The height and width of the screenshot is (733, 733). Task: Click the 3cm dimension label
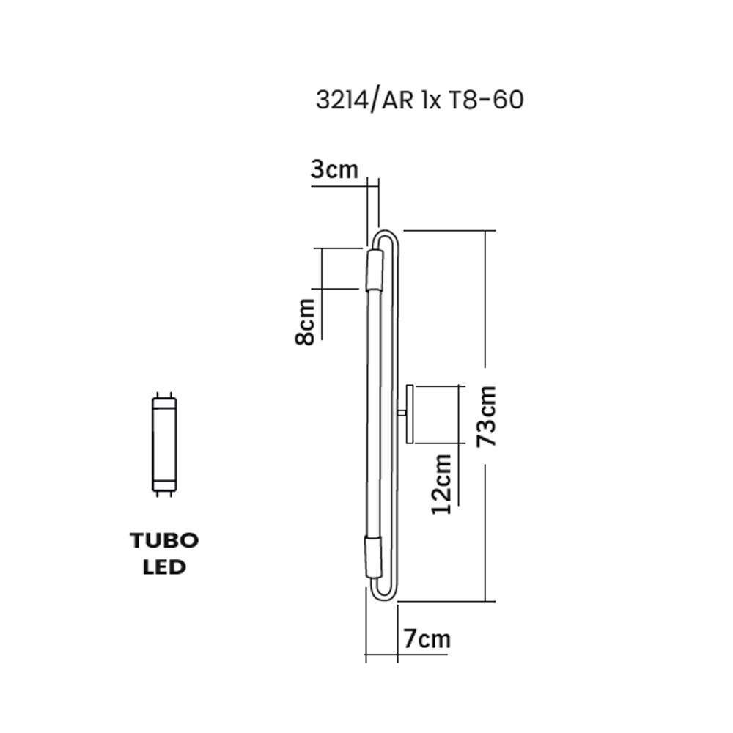coord(334,169)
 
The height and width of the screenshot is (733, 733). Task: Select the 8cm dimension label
coord(305,321)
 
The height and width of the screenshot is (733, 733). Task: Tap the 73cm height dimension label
coord(486,415)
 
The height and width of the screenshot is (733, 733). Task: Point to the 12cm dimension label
coord(442,484)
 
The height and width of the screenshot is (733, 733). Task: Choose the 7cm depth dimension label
coord(427,638)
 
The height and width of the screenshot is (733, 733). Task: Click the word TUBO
coord(164,540)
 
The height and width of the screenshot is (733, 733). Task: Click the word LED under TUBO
coord(164,567)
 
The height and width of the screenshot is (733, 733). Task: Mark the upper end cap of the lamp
coord(375,270)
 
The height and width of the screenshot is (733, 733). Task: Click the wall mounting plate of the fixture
coord(410,414)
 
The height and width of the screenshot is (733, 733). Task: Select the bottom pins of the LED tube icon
coord(164,494)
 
